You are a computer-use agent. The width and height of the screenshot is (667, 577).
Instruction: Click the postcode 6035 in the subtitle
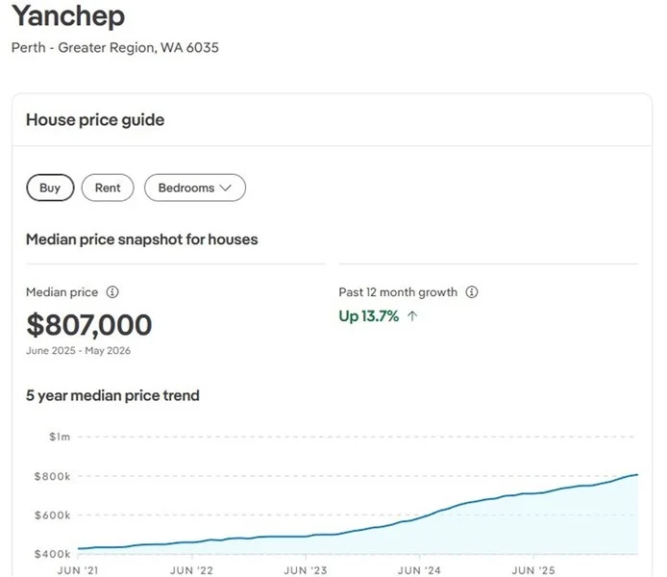click(x=203, y=47)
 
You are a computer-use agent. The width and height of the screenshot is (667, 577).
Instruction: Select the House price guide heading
click(x=95, y=120)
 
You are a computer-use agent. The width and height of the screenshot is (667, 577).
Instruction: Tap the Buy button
click(x=50, y=188)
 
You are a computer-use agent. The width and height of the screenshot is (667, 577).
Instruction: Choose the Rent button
click(x=108, y=188)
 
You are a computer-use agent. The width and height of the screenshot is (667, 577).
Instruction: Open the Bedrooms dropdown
click(x=195, y=188)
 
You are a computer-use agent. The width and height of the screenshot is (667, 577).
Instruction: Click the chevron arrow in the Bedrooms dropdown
click(x=226, y=188)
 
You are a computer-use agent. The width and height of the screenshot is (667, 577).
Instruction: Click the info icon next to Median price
click(x=112, y=292)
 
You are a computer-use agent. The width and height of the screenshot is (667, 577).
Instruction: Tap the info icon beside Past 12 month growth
click(x=472, y=292)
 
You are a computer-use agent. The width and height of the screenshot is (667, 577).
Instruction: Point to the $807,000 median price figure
click(x=89, y=325)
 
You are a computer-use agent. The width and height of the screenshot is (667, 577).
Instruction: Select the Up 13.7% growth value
click(x=369, y=316)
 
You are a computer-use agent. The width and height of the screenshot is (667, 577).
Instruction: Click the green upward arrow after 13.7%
click(x=412, y=316)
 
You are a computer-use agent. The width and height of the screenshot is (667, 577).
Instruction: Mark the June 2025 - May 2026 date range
click(x=78, y=351)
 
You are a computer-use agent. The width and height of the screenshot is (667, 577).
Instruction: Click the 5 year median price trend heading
click(x=112, y=396)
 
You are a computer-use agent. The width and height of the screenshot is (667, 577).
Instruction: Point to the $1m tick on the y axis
click(x=60, y=437)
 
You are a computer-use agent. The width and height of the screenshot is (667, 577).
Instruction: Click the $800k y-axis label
click(x=52, y=476)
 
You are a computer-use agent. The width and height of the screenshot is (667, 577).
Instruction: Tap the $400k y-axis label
click(x=52, y=554)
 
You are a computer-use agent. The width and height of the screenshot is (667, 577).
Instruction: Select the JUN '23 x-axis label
click(x=306, y=570)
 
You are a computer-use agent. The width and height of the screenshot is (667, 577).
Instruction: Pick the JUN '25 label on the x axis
click(x=533, y=570)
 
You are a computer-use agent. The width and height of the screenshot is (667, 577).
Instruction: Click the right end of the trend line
click(x=637, y=474)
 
